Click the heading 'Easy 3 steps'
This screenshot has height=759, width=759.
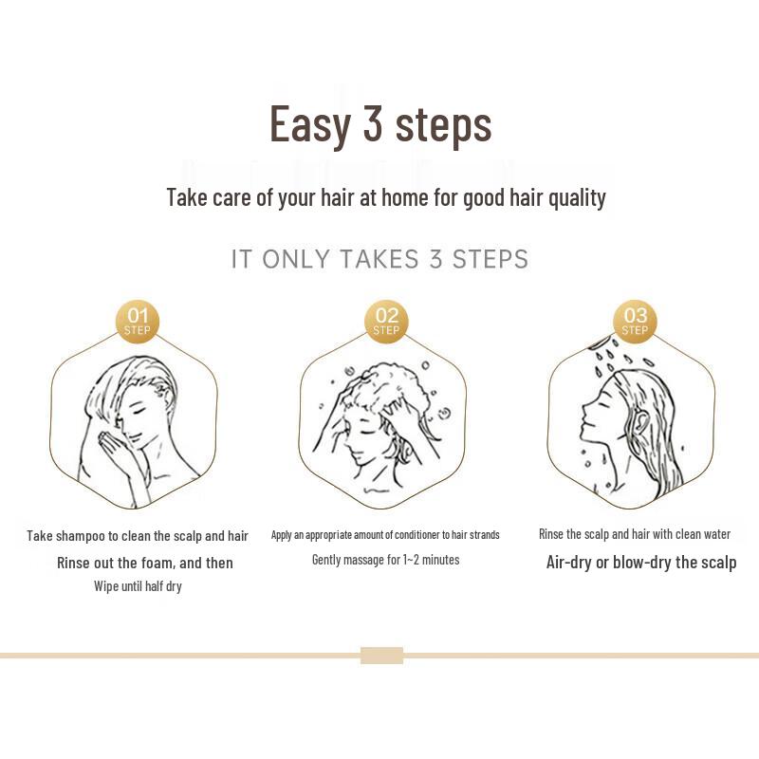coord(380,124)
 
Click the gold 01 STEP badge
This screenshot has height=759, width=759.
coord(137,321)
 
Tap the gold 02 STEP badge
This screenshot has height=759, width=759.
coord(386,321)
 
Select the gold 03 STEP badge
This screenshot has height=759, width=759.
coord(635,321)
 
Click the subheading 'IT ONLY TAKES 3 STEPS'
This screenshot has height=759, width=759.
coord(379,259)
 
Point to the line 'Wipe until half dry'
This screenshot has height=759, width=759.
coord(138,586)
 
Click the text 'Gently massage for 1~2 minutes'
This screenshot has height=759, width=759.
coord(385,560)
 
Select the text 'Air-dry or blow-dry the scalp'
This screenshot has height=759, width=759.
coord(640,562)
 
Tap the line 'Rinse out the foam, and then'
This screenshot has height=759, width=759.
coord(144,563)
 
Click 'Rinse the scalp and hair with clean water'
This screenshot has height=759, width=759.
coord(635,534)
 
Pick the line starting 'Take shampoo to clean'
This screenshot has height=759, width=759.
coord(138,536)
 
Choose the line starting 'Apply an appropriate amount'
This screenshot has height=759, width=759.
coord(385,535)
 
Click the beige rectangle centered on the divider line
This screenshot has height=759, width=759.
coord(381,656)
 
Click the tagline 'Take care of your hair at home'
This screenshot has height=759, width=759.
coord(385,197)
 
